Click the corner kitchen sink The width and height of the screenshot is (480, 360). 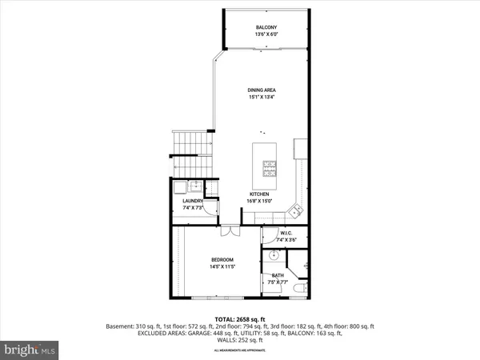296,211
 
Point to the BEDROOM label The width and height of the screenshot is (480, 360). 222,259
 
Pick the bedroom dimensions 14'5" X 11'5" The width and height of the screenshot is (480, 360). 222,267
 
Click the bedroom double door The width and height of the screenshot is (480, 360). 230,230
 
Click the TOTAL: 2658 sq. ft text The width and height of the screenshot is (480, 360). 240,319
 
